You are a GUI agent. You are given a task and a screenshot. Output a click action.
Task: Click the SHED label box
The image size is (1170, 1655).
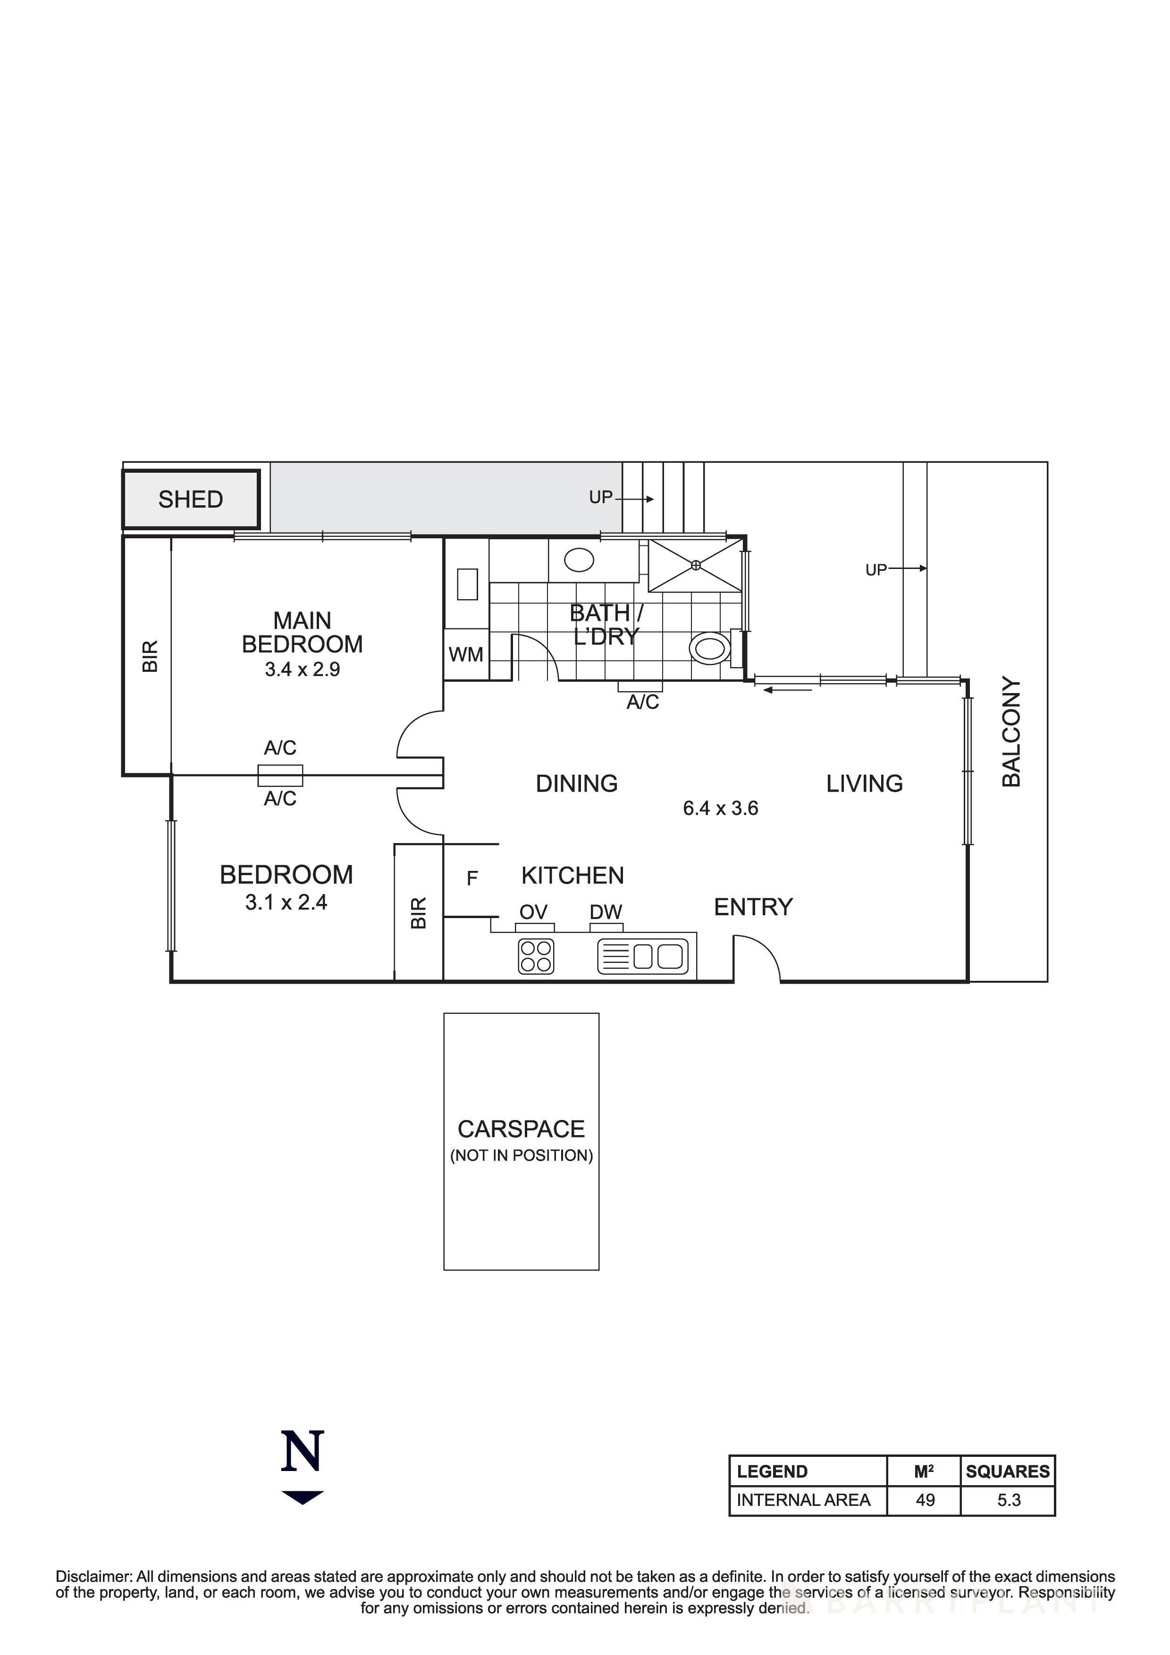[190, 499]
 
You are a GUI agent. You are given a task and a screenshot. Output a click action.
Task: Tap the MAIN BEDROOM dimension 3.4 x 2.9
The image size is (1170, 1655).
[302, 669]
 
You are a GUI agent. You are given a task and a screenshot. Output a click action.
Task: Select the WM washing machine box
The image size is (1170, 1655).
[466, 654]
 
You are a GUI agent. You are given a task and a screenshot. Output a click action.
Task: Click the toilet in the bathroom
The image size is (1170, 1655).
[711, 648]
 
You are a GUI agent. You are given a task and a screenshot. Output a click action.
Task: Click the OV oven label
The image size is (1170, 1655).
[533, 912]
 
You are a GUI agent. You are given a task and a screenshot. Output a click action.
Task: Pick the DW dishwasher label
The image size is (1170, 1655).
[606, 912]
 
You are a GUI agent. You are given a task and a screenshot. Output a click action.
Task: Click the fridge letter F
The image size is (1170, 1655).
[472, 878]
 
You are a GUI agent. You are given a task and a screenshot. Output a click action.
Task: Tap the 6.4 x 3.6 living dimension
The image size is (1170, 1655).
[720, 808]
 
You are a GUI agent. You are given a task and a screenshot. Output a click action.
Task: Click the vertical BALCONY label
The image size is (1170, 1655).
[1011, 732]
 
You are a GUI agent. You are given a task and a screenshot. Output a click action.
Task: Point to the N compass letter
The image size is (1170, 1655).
[302, 1452]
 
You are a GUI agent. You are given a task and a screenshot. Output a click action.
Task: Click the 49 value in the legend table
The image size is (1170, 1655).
[925, 1500]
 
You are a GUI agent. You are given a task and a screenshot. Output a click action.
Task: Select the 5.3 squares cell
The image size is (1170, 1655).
[1009, 1500]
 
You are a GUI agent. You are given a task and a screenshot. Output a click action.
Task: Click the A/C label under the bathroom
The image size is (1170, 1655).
[642, 702]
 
